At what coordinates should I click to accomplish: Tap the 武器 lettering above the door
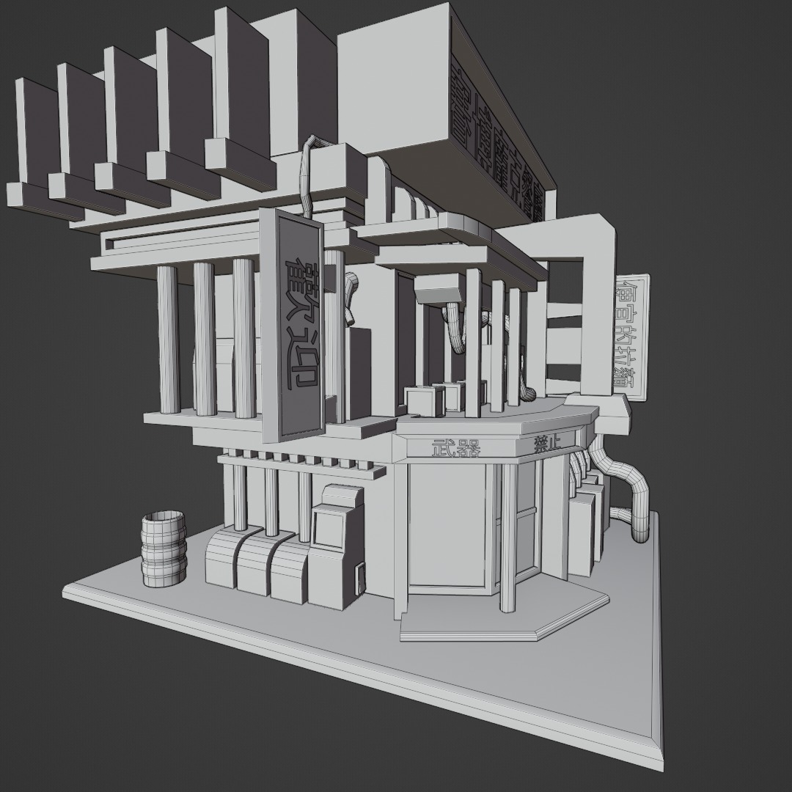(x=455, y=447)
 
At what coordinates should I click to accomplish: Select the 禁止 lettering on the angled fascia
(x=547, y=443)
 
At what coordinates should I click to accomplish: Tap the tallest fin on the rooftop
(x=242, y=81)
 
